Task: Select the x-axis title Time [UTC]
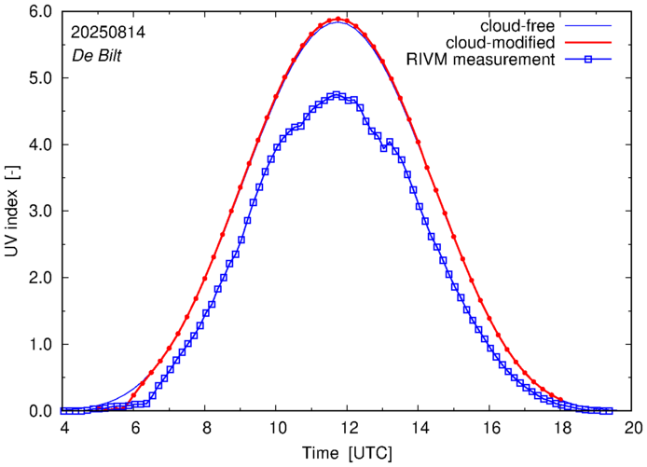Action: (347, 453)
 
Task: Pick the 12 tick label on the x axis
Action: (347, 429)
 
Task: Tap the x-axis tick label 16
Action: (490, 429)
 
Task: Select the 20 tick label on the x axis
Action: (633, 429)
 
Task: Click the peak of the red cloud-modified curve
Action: (340, 19)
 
